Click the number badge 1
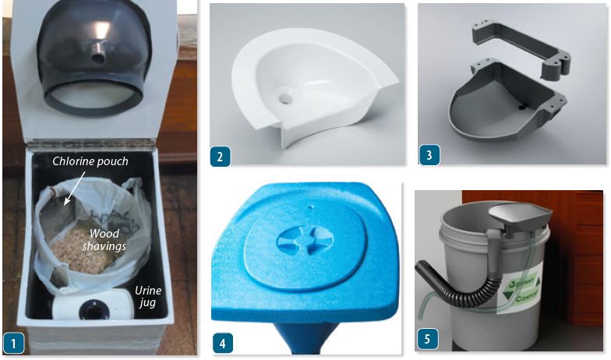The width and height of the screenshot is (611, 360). point(14,344)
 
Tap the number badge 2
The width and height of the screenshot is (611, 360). point(220,157)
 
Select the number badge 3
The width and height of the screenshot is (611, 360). point(429,154)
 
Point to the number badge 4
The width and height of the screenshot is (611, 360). point(223,344)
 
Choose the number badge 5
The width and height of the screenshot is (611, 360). point(427,338)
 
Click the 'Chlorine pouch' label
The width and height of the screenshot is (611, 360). point(90,161)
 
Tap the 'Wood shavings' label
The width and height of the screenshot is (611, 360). point(104,240)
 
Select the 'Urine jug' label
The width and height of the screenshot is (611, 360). point(148,296)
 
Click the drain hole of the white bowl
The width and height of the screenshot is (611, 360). point(285,97)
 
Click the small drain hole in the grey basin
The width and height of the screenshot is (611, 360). point(521,106)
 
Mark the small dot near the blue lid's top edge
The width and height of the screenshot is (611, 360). point(310,207)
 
